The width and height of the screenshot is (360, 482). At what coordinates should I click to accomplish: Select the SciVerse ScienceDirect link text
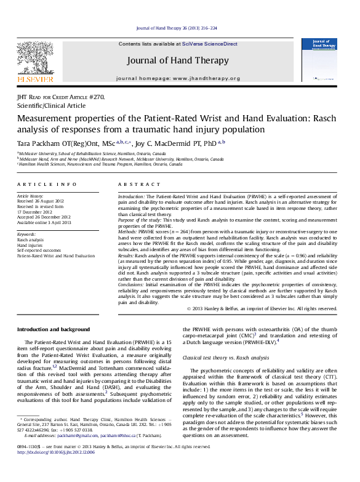pyautogui.click(x=214, y=44)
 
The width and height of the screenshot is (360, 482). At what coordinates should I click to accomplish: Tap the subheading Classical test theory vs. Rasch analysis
pyautogui.click(x=225, y=357)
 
